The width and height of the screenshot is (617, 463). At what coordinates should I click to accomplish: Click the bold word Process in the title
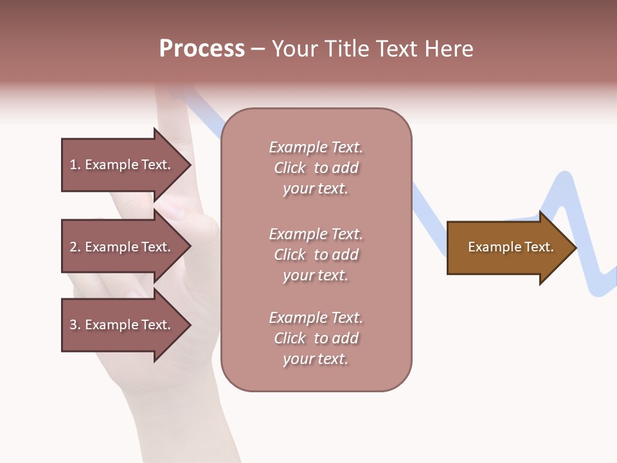[x=202, y=49]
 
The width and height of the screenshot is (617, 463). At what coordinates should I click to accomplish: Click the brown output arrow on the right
[x=508, y=248]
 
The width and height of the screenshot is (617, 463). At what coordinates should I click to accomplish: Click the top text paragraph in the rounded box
[x=316, y=168]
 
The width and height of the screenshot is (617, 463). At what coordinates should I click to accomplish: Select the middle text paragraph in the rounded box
[x=316, y=255]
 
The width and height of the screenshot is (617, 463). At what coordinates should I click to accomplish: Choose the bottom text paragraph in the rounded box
[x=316, y=338]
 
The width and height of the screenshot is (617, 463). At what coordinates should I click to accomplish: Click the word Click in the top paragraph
[x=289, y=168]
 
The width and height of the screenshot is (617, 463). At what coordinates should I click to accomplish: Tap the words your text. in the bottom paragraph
[x=316, y=359]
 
